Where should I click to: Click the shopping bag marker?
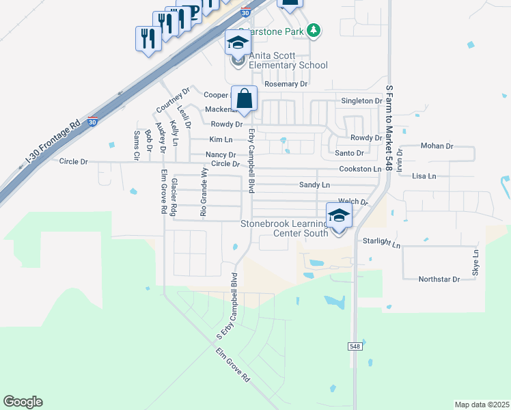244,98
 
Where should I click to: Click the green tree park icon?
314,30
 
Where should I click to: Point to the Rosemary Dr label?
286,84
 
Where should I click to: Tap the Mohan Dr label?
437,146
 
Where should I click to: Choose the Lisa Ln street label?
424,176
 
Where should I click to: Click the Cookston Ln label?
359,169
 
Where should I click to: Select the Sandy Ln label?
314,185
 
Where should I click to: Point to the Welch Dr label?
353,202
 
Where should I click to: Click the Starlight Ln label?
381,243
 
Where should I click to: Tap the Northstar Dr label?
438,279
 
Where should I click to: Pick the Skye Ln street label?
475,262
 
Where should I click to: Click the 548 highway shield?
354,346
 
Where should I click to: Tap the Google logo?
23,402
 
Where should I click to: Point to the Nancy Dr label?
221,155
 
